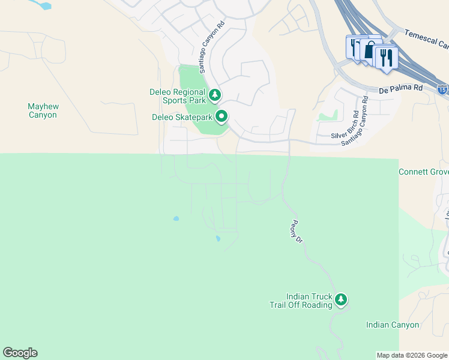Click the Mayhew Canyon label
click(x=42, y=110)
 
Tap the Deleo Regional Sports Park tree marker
click(x=214, y=94)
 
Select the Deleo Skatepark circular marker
click(x=221, y=116)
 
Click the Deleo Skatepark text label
click(x=182, y=116)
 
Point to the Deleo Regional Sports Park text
click(x=177, y=96)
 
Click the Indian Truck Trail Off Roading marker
click(x=341, y=299)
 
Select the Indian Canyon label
click(x=393, y=325)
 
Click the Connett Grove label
click(x=423, y=172)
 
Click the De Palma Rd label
click(x=401, y=88)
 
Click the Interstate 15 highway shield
click(x=442, y=90)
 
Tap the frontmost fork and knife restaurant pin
click(x=386, y=57)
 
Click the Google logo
click(x=20, y=353)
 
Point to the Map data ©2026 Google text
click(x=411, y=355)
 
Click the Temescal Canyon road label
click(x=426, y=40)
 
